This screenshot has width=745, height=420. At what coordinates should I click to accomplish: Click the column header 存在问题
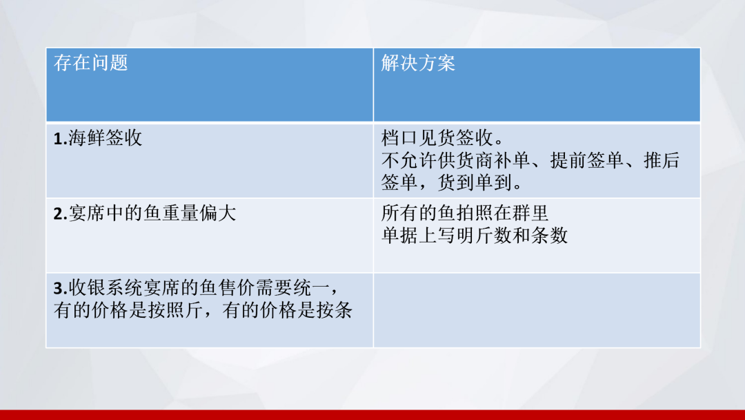pyautogui.click(x=91, y=63)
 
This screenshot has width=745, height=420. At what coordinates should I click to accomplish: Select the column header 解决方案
pyautogui.click(x=418, y=63)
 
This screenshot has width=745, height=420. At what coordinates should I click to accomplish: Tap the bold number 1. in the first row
pyautogui.click(x=60, y=138)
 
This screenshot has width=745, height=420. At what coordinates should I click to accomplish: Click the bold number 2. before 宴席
pyautogui.click(x=60, y=213)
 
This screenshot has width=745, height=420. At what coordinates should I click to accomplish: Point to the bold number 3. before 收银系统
pyautogui.click(x=60, y=288)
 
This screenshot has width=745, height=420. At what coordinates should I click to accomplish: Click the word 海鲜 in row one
pyautogui.click(x=86, y=138)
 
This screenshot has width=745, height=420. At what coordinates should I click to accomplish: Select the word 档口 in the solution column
pyautogui.click(x=399, y=138)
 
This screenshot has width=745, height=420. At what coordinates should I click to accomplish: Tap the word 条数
pyautogui.click(x=549, y=235)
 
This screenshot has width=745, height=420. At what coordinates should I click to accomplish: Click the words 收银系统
pyautogui.click(x=105, y=288)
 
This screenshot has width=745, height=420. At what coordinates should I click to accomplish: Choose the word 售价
pyautogui.click(x=237, y=288)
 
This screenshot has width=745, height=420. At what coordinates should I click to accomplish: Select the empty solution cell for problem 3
pyautogui.click(x=537, y=310)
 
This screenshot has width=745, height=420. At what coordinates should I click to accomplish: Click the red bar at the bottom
pyautogui.click(x=372, y=414)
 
